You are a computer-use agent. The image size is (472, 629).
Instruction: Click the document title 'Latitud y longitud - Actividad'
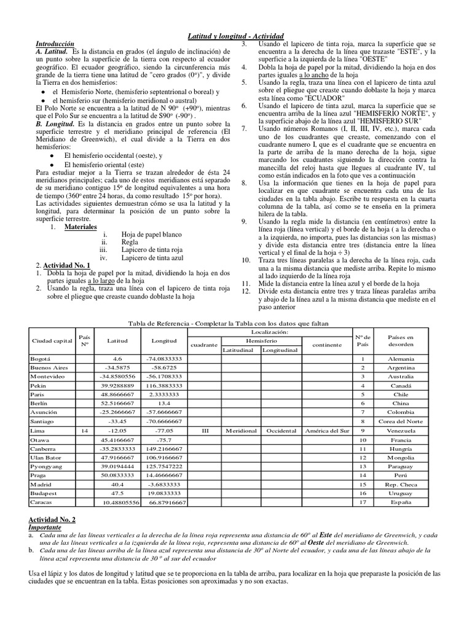tap(236, 38)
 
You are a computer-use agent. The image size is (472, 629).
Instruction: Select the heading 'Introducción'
tap(55, 45)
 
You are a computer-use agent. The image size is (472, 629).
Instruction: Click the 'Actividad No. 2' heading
tap(52, 520)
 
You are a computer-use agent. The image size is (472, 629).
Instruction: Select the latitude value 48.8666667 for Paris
tap(118, 394)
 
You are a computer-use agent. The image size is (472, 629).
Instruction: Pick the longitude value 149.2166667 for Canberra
tap(163, 448)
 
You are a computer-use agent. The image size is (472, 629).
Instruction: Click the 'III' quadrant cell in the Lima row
tap(206, 431)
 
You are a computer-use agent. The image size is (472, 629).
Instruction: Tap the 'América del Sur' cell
tap(326, 431)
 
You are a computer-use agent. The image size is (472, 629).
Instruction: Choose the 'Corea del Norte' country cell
tap(401, 421)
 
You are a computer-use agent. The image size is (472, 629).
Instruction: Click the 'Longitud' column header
tap(163, 340)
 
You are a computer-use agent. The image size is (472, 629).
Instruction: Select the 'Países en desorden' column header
tap(401, 340)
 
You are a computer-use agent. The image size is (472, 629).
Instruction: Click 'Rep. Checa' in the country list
tap(401, 485)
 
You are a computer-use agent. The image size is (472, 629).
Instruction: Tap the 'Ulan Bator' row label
tap(45, 458)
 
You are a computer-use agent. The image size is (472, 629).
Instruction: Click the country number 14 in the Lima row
tap(85, 431)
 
